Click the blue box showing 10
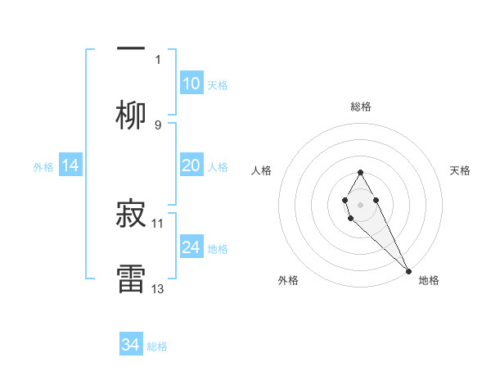[191, 84]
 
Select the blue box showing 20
[191, 165]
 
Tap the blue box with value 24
[191, 247]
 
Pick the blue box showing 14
[70, 165]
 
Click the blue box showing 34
[131, 345]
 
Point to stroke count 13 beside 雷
[158, 288]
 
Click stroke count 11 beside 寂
[158, 223]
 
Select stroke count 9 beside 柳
[158, 125]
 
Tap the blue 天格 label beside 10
[218, 85]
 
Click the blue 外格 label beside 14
[43, 167]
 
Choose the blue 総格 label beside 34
[158, 346]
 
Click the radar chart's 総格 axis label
[360, 106]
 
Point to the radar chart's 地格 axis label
[429, 280]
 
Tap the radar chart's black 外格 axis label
[288, 280]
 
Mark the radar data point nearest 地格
[408, 269]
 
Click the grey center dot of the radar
[360, 203]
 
